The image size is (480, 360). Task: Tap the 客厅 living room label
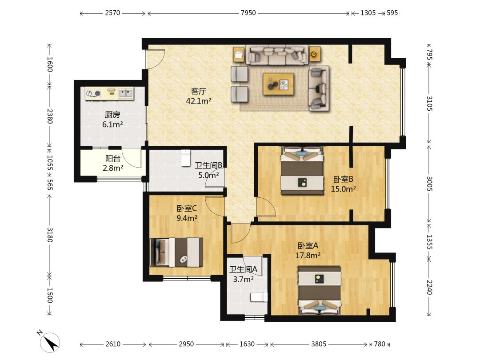(x=199, y=91)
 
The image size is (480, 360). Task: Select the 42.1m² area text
(x=199, y=101)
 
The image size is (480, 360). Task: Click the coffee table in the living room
(x=278, y=84)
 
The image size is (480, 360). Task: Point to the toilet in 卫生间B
(x=185, y=158)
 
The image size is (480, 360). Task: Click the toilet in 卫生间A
(x=259, y=297)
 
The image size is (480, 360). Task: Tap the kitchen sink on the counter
(x=126, y=93)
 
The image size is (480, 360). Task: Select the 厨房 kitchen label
(x=112, y=115)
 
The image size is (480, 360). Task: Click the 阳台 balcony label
(x=112, y=159)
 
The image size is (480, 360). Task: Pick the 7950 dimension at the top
(x=248, y=13)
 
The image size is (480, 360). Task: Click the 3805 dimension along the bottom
(x=319, y=344)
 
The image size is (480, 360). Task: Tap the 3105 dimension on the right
(x=429, y=104)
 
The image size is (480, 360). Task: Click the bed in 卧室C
(x=176, y=252)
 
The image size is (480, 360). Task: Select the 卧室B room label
(x=343, y=180)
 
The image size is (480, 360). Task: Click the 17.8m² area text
(x=308, y=255)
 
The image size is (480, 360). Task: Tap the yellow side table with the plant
(x=314, y=55)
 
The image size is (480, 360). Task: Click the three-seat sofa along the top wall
(x=277, y=55)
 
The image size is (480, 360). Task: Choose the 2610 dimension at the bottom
(x=113, y=344)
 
